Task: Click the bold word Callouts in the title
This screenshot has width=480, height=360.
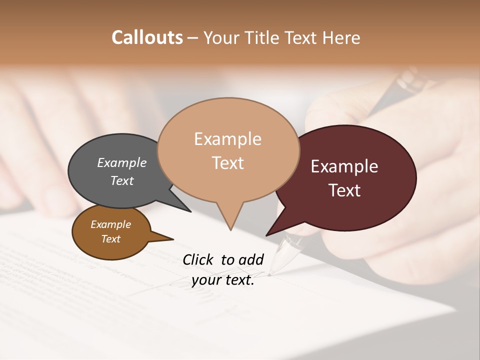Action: (147, 37)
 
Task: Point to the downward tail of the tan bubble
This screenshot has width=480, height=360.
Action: (230, 220)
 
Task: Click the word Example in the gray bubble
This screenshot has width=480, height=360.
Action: (122, 163)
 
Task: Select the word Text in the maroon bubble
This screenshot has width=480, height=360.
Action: (344, 190)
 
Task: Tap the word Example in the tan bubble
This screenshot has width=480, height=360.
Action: (227, 139)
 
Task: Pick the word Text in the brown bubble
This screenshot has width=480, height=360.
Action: (111, 239)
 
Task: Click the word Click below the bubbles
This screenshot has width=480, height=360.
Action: (198, 259)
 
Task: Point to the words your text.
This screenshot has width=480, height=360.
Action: (223, 280)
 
